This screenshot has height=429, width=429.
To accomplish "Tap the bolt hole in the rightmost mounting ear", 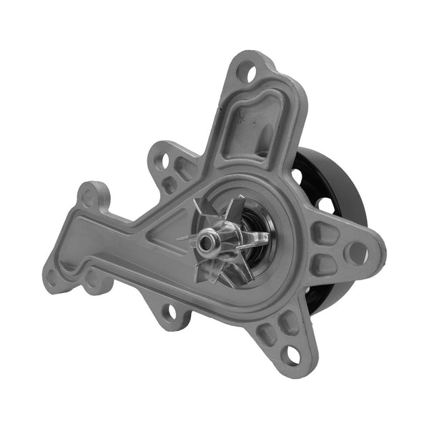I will click(x=357, y=252).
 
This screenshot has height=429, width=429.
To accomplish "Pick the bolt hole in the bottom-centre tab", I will click(x=170, y=312).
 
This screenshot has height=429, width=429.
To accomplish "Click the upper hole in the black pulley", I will click(x=297, y=174).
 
